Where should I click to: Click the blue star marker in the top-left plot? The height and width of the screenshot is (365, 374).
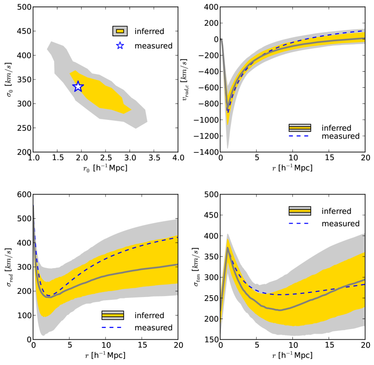coord(78,86)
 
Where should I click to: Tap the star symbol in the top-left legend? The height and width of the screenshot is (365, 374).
coord(120,45)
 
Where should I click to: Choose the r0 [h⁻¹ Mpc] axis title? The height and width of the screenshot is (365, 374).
coord(105,168)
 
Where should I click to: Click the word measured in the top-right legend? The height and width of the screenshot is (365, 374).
coord(341,136)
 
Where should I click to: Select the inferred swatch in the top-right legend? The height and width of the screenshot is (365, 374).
coord(300,128)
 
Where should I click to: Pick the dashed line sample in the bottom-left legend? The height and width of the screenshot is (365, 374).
coord(113,327)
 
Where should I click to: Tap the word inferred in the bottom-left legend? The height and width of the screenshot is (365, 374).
coord(150,316)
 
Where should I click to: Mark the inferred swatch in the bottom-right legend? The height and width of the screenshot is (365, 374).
coord(300,211)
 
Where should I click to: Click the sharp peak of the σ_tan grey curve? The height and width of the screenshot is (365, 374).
coord(228,248)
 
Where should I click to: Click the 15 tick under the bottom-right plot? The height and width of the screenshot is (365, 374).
coord(328,346)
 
